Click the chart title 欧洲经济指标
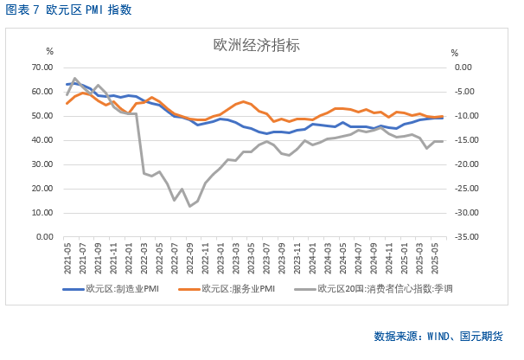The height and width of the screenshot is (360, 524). click(x=257, y=46)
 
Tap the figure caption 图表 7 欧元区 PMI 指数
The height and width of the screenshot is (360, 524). click(x=69, y=10)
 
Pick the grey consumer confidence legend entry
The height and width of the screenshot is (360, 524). click(x=376, y=289)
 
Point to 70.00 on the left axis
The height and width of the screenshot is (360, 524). click(x=42, y=67)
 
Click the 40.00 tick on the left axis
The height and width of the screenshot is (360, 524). click(x=42, y=139)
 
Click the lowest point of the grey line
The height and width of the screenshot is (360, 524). click(x=189, y=206)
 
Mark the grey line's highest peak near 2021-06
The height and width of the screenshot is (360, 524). click(x=75, y=78)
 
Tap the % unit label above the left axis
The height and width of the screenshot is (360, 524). click(x=49, y=54)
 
